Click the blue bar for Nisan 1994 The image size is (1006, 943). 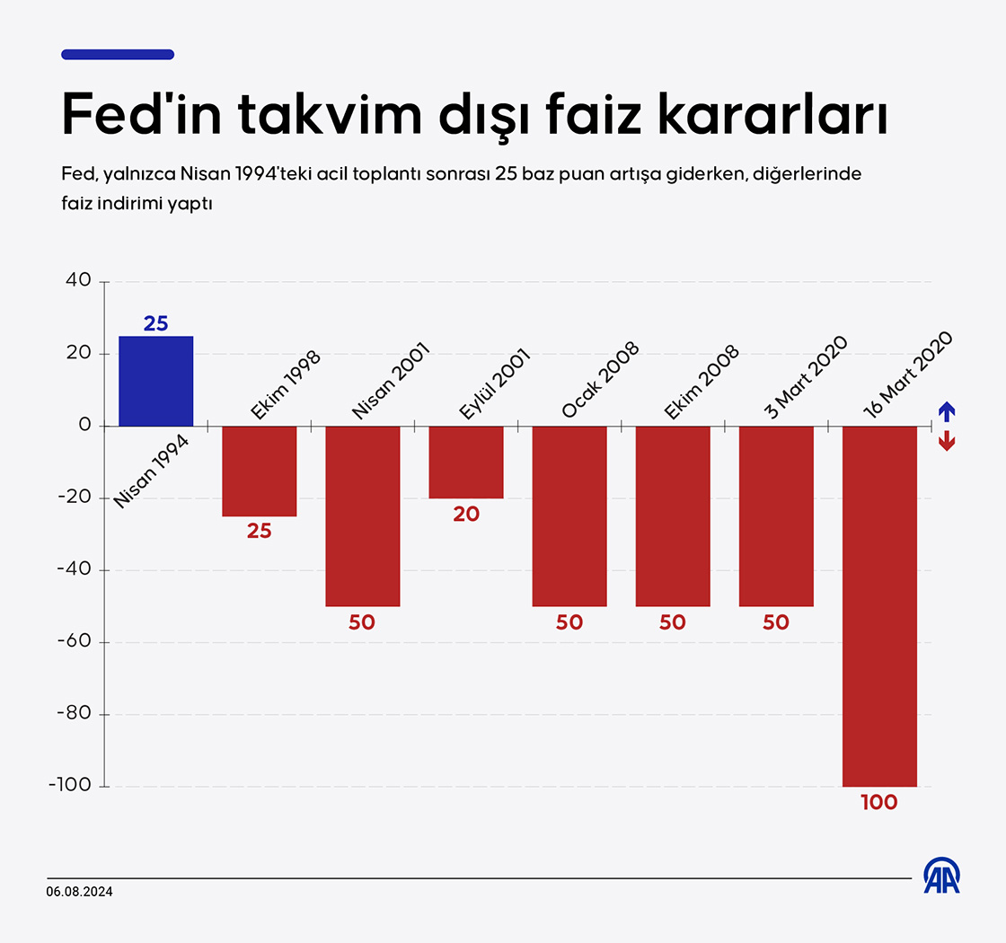(x=156, y=381)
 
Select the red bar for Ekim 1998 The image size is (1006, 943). (x=259, y=471)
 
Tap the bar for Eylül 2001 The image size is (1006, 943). (x=466, y=462)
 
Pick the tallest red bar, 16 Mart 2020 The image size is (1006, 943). (x=879, y=606)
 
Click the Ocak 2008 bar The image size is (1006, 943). (x=569, y=516)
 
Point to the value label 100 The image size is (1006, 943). (x=879, y=803)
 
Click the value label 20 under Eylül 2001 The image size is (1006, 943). (x=466, y=515)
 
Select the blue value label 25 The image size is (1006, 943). (x=156, y=323)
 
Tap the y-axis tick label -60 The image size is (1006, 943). (x=74, y=642)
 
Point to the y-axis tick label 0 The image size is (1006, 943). (x=85, y=425)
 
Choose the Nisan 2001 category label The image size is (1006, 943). (x=392, y=380)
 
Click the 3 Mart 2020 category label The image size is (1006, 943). (x=806, y=376)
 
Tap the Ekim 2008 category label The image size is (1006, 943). (x=702, y=382)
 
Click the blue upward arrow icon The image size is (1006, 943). (x=946, y=411)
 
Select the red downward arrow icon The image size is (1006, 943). (x=946, y=440)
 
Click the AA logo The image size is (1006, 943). (x=942, y=876)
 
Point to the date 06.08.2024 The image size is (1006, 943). (x=80, y=891)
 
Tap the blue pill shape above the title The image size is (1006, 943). (x=118, y=55)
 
